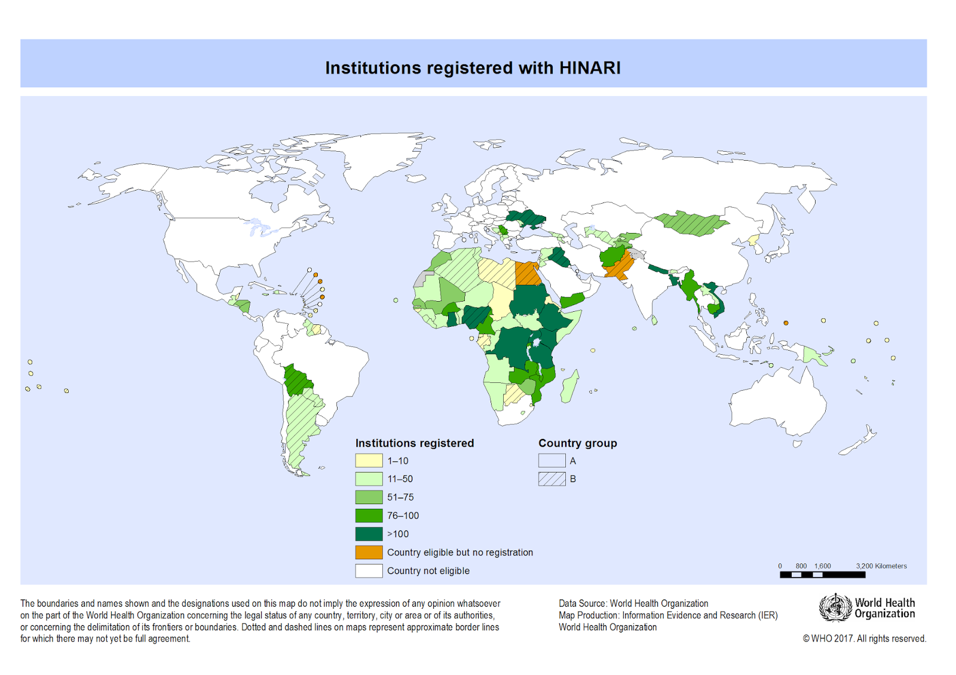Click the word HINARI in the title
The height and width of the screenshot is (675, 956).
click(590, 68)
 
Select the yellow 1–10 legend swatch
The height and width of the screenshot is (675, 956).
click(369, 461)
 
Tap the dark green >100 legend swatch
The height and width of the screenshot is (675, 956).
click(369, 534)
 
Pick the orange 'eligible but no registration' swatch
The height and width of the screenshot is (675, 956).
click(369, 552)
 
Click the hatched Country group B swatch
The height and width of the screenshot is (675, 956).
click(551, 479)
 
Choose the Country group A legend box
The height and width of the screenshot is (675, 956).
click(551, 461)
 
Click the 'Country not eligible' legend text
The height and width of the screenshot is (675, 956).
click(428, 570)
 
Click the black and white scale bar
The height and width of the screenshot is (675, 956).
click(822, 575)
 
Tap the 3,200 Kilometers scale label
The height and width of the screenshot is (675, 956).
click(881, 566)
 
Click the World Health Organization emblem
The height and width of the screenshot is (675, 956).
click(835, 607)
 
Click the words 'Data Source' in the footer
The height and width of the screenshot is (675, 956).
click(582, 603)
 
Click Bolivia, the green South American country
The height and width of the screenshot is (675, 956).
click(297, 380)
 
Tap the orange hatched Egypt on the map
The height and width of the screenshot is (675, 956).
click(526, 274)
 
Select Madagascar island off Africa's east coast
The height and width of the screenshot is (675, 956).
click(570, 387)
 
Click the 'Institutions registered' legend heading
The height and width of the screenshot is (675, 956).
click(414, 443)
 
